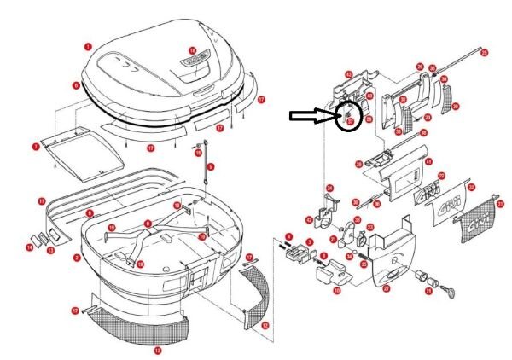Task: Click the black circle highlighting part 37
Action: pyautogui.click(x=349, y=115)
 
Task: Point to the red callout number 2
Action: pyautogui.click(x=76, y=257)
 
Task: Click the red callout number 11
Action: pyautogui.click(x=41, y=200)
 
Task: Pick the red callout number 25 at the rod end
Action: pyautogui.click(x=485, y=54)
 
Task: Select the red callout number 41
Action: pyautogui.click(x=428, y=161)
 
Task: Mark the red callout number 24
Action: pyautogui.click(x=328, y=188)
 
